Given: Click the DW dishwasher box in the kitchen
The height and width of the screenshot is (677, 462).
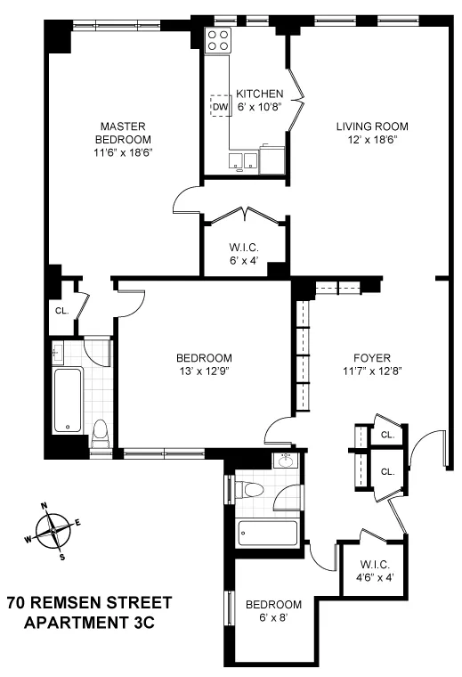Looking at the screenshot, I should coord(219,107).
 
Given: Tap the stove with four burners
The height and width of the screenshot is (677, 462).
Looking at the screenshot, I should coord(218,39).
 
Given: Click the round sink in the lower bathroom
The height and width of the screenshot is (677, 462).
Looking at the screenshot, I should coord(287,462).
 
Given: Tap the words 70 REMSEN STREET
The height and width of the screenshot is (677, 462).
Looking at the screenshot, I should coord(88,603).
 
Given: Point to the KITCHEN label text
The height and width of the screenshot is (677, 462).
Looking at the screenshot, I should coord(259,94).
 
